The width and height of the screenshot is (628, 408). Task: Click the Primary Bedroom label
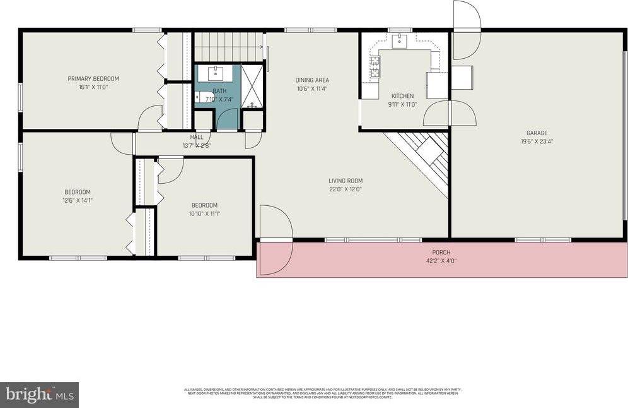click(x=93, y=79)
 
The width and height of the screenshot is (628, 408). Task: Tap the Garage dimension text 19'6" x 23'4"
click(x=537, y=141)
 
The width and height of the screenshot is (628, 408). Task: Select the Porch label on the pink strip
click(x=441, y=253)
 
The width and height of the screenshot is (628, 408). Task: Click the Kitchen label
click(x=401, y=96)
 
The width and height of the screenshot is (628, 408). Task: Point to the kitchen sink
click(x=400, y=42)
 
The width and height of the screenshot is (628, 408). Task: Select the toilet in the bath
click(x=201, y=97)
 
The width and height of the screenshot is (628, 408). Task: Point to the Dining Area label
click(x=312, y=80)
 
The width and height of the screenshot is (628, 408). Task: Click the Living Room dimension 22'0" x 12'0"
click(x=346, y=188)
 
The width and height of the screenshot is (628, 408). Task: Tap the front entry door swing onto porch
click(x=275, y=241)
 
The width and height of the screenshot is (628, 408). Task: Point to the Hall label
click(x=197, y=137)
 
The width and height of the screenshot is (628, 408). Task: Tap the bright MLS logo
click(x=39, y=395)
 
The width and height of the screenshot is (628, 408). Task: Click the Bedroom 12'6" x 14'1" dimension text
click(x=78, y=200)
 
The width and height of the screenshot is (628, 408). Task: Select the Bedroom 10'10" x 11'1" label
click(x=204, y=205)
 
